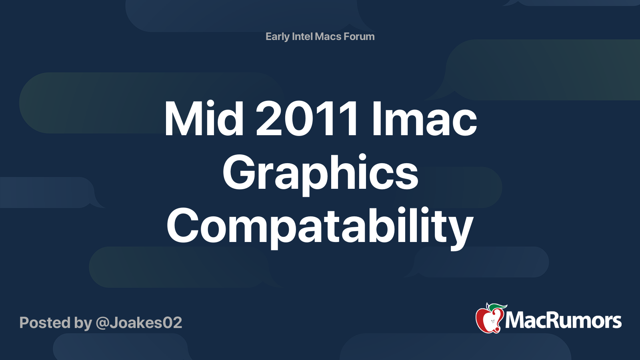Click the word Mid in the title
pos(204,119)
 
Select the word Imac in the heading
pos(424,119)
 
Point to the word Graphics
pos(320,173)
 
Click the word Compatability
pos(320,227)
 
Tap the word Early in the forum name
pos(277,37)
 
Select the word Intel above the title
pos(302,36)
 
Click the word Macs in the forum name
pos(328,36)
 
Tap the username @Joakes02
pos(139,323)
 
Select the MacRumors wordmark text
pos(563,321)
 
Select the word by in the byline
pos(83,323)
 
